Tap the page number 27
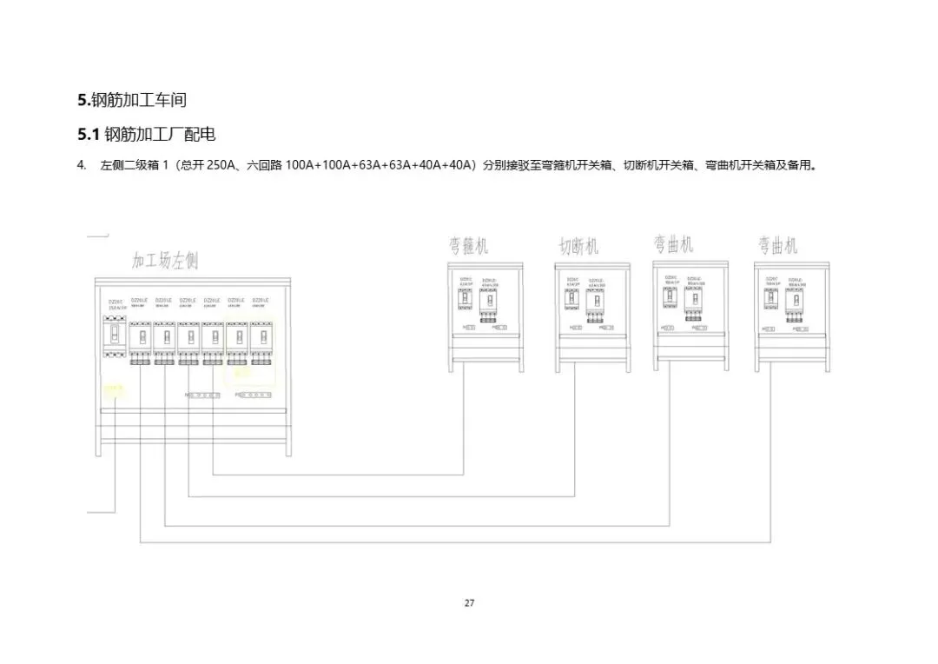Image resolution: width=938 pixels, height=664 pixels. [469, 603]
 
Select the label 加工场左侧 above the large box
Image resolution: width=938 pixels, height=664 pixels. [165, 260]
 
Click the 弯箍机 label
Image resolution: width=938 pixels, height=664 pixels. [469, 246]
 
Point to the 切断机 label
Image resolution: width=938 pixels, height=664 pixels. [578, 247]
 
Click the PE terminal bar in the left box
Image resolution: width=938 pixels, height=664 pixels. [254, 395]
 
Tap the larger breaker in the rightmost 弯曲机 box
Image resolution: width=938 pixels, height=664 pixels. [793, 303]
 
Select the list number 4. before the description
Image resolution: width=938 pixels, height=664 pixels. [82, 165]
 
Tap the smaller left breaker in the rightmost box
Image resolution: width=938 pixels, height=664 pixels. [770, 301]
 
